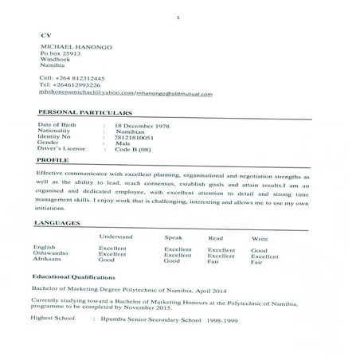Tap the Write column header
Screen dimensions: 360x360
[260, 238]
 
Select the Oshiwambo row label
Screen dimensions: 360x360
[51, 254]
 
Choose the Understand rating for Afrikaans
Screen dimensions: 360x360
[107, 260]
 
